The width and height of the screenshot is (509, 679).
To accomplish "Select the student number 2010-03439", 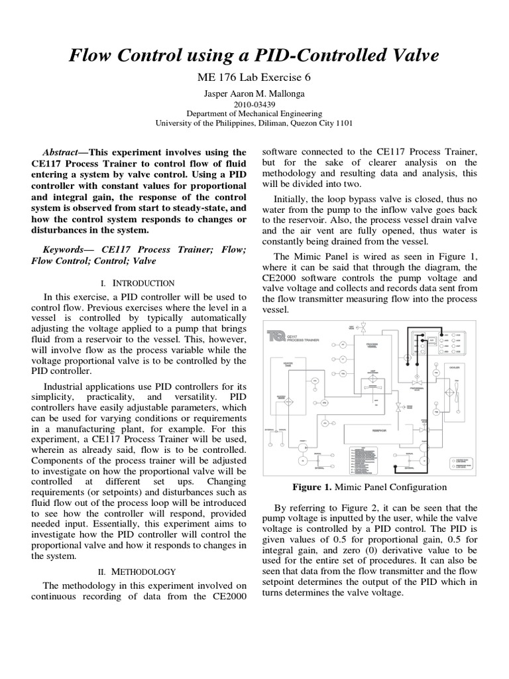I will click(x=254, y=104).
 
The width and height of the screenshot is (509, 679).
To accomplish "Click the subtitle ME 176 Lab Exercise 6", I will click(x=254, y=77).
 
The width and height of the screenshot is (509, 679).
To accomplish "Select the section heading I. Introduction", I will click(x=136, y=283).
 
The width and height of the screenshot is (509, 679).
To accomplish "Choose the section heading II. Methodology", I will click(x=136, y=571).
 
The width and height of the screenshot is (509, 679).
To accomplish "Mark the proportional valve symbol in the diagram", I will click(x=418, y=383).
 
